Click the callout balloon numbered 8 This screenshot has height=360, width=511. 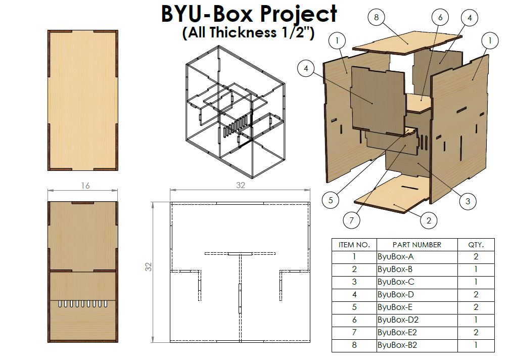(377, 17)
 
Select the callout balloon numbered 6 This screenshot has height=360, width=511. (440, 17)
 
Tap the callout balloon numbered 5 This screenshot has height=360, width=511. (331, 200)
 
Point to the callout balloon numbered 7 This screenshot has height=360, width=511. (352, 220)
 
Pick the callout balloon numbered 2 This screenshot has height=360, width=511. (429, 220)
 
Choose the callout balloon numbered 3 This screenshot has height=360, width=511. (468, 201)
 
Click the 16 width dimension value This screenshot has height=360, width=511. (85, 186)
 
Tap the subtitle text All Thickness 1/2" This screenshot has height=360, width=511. (248, 33)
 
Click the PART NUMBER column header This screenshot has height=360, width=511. (416, 245)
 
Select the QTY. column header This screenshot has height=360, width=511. (476, 245)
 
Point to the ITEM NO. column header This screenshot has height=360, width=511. (354, 245)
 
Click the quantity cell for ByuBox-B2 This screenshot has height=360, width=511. (476, 345)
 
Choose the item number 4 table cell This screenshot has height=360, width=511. (354, 295)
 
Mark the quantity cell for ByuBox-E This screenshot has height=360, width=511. (476, 307)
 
